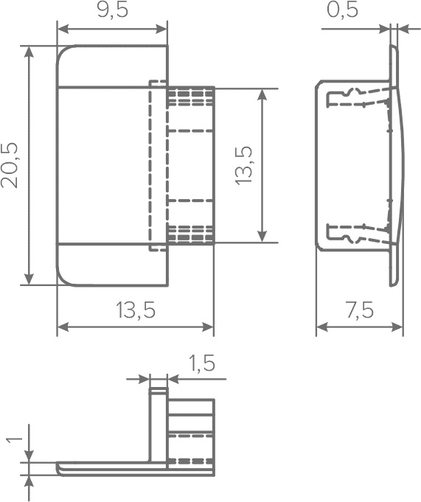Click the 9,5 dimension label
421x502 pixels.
[x=112, y=10]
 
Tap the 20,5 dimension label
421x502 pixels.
[x=10, y=166]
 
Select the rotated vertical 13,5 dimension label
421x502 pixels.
[x=244, y=165]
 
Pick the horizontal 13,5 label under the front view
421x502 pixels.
[x=136, y=310]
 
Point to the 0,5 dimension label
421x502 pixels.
[x=342, y=10]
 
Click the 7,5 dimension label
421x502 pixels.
[x=360, y=310]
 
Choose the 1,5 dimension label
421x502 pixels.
[x=201, y=363]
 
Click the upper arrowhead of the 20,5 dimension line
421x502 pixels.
[x=29, y=52]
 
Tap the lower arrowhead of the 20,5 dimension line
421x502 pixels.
[x=29, y=278]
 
